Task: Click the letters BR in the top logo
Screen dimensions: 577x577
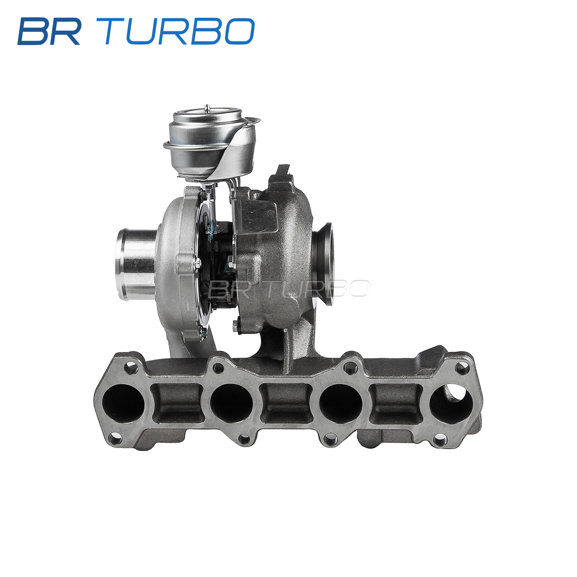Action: (49, 31)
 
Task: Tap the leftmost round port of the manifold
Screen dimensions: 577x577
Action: (123, 403)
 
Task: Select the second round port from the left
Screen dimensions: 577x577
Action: (231, 403)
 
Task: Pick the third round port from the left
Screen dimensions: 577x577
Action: (341, 403)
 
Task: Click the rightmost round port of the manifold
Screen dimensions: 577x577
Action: (451, 403)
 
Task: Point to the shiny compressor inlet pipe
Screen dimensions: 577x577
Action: (136, 264)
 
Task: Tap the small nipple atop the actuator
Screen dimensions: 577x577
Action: (206, 107)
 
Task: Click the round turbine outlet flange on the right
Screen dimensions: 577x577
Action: (324, 264)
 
